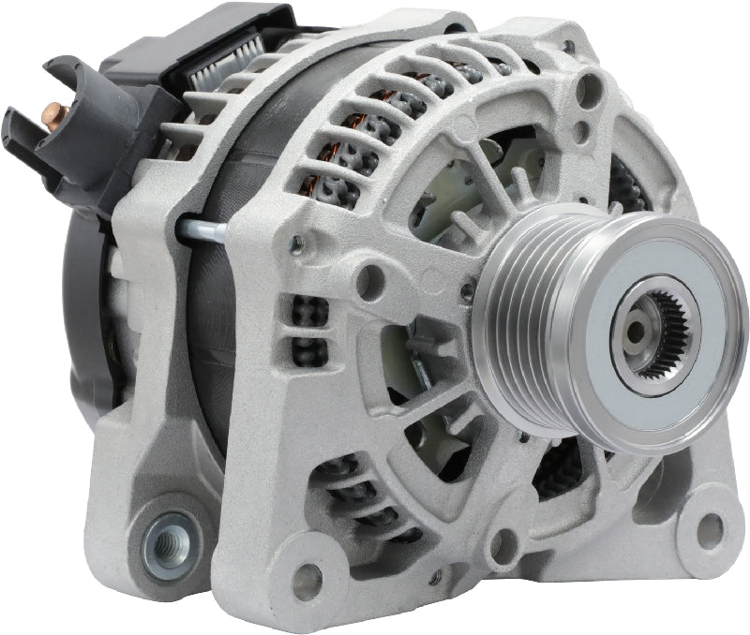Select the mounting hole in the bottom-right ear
[x=710, y=529]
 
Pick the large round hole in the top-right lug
[x=590, y=90]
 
